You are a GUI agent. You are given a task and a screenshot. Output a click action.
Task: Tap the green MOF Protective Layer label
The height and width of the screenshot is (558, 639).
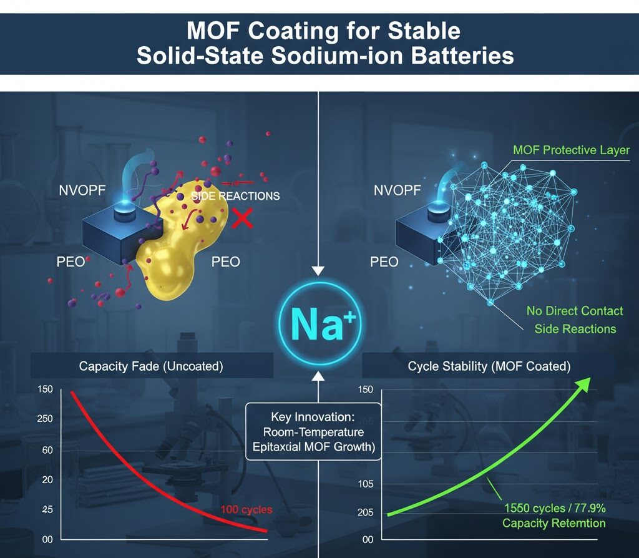[571, 150]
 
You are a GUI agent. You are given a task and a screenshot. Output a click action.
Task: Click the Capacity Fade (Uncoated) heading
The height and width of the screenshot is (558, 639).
[151, 366]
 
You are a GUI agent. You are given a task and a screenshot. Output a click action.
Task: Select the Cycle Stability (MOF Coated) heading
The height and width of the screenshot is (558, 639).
[489, 366]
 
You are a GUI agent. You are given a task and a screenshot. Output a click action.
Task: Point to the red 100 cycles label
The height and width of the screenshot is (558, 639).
[246, 510]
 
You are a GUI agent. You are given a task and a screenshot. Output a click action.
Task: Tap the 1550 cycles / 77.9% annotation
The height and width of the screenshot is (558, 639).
[554, 516]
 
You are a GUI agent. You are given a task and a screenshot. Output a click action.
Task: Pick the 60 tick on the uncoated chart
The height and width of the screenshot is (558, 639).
[47, 450]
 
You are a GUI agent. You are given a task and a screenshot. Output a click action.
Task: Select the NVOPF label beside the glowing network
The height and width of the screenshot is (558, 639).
[398, 191]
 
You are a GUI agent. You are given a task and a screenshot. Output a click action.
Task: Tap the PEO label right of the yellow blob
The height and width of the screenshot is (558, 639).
[226, 262]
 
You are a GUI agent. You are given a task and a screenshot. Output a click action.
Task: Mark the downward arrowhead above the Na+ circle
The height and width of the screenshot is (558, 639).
[319, 270]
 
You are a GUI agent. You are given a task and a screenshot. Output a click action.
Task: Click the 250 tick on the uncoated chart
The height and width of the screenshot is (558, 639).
[45, 419]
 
